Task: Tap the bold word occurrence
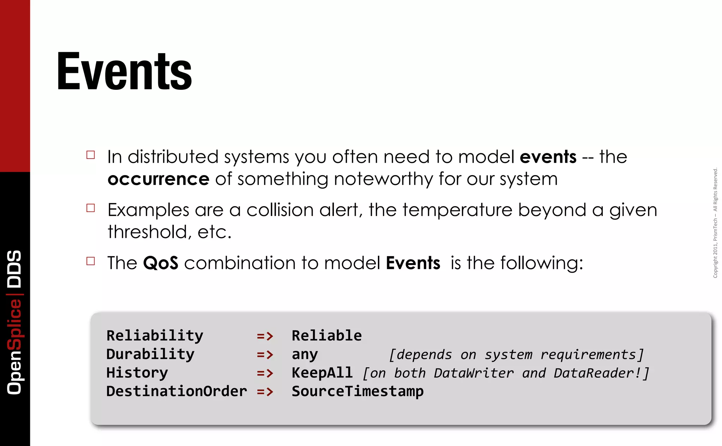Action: pos(158,179)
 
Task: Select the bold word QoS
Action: pos(160,263)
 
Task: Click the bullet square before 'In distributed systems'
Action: pos(91,155)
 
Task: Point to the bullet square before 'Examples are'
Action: pos(91,208)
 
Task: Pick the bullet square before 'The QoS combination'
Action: pos(91,261)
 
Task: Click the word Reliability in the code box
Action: pos(155,336)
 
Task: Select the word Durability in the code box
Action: pos(150,354)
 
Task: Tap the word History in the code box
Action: pos(137,373)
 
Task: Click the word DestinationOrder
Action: pos(177,391)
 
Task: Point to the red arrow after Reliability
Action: pos(265,336)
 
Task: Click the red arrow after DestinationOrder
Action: pos(265,392)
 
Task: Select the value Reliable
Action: pos(326,336)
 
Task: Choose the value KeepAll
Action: pos(322,373)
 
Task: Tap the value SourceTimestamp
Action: pos(357,391)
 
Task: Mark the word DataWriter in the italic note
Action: pos(473,373)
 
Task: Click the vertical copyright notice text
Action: pos(715,223)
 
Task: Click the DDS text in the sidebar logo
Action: pos(15,269)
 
